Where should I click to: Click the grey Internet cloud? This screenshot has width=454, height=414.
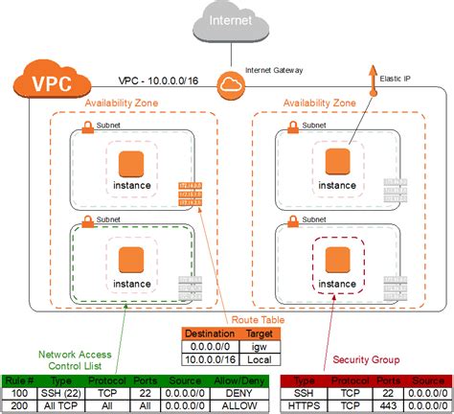(226, 24)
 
